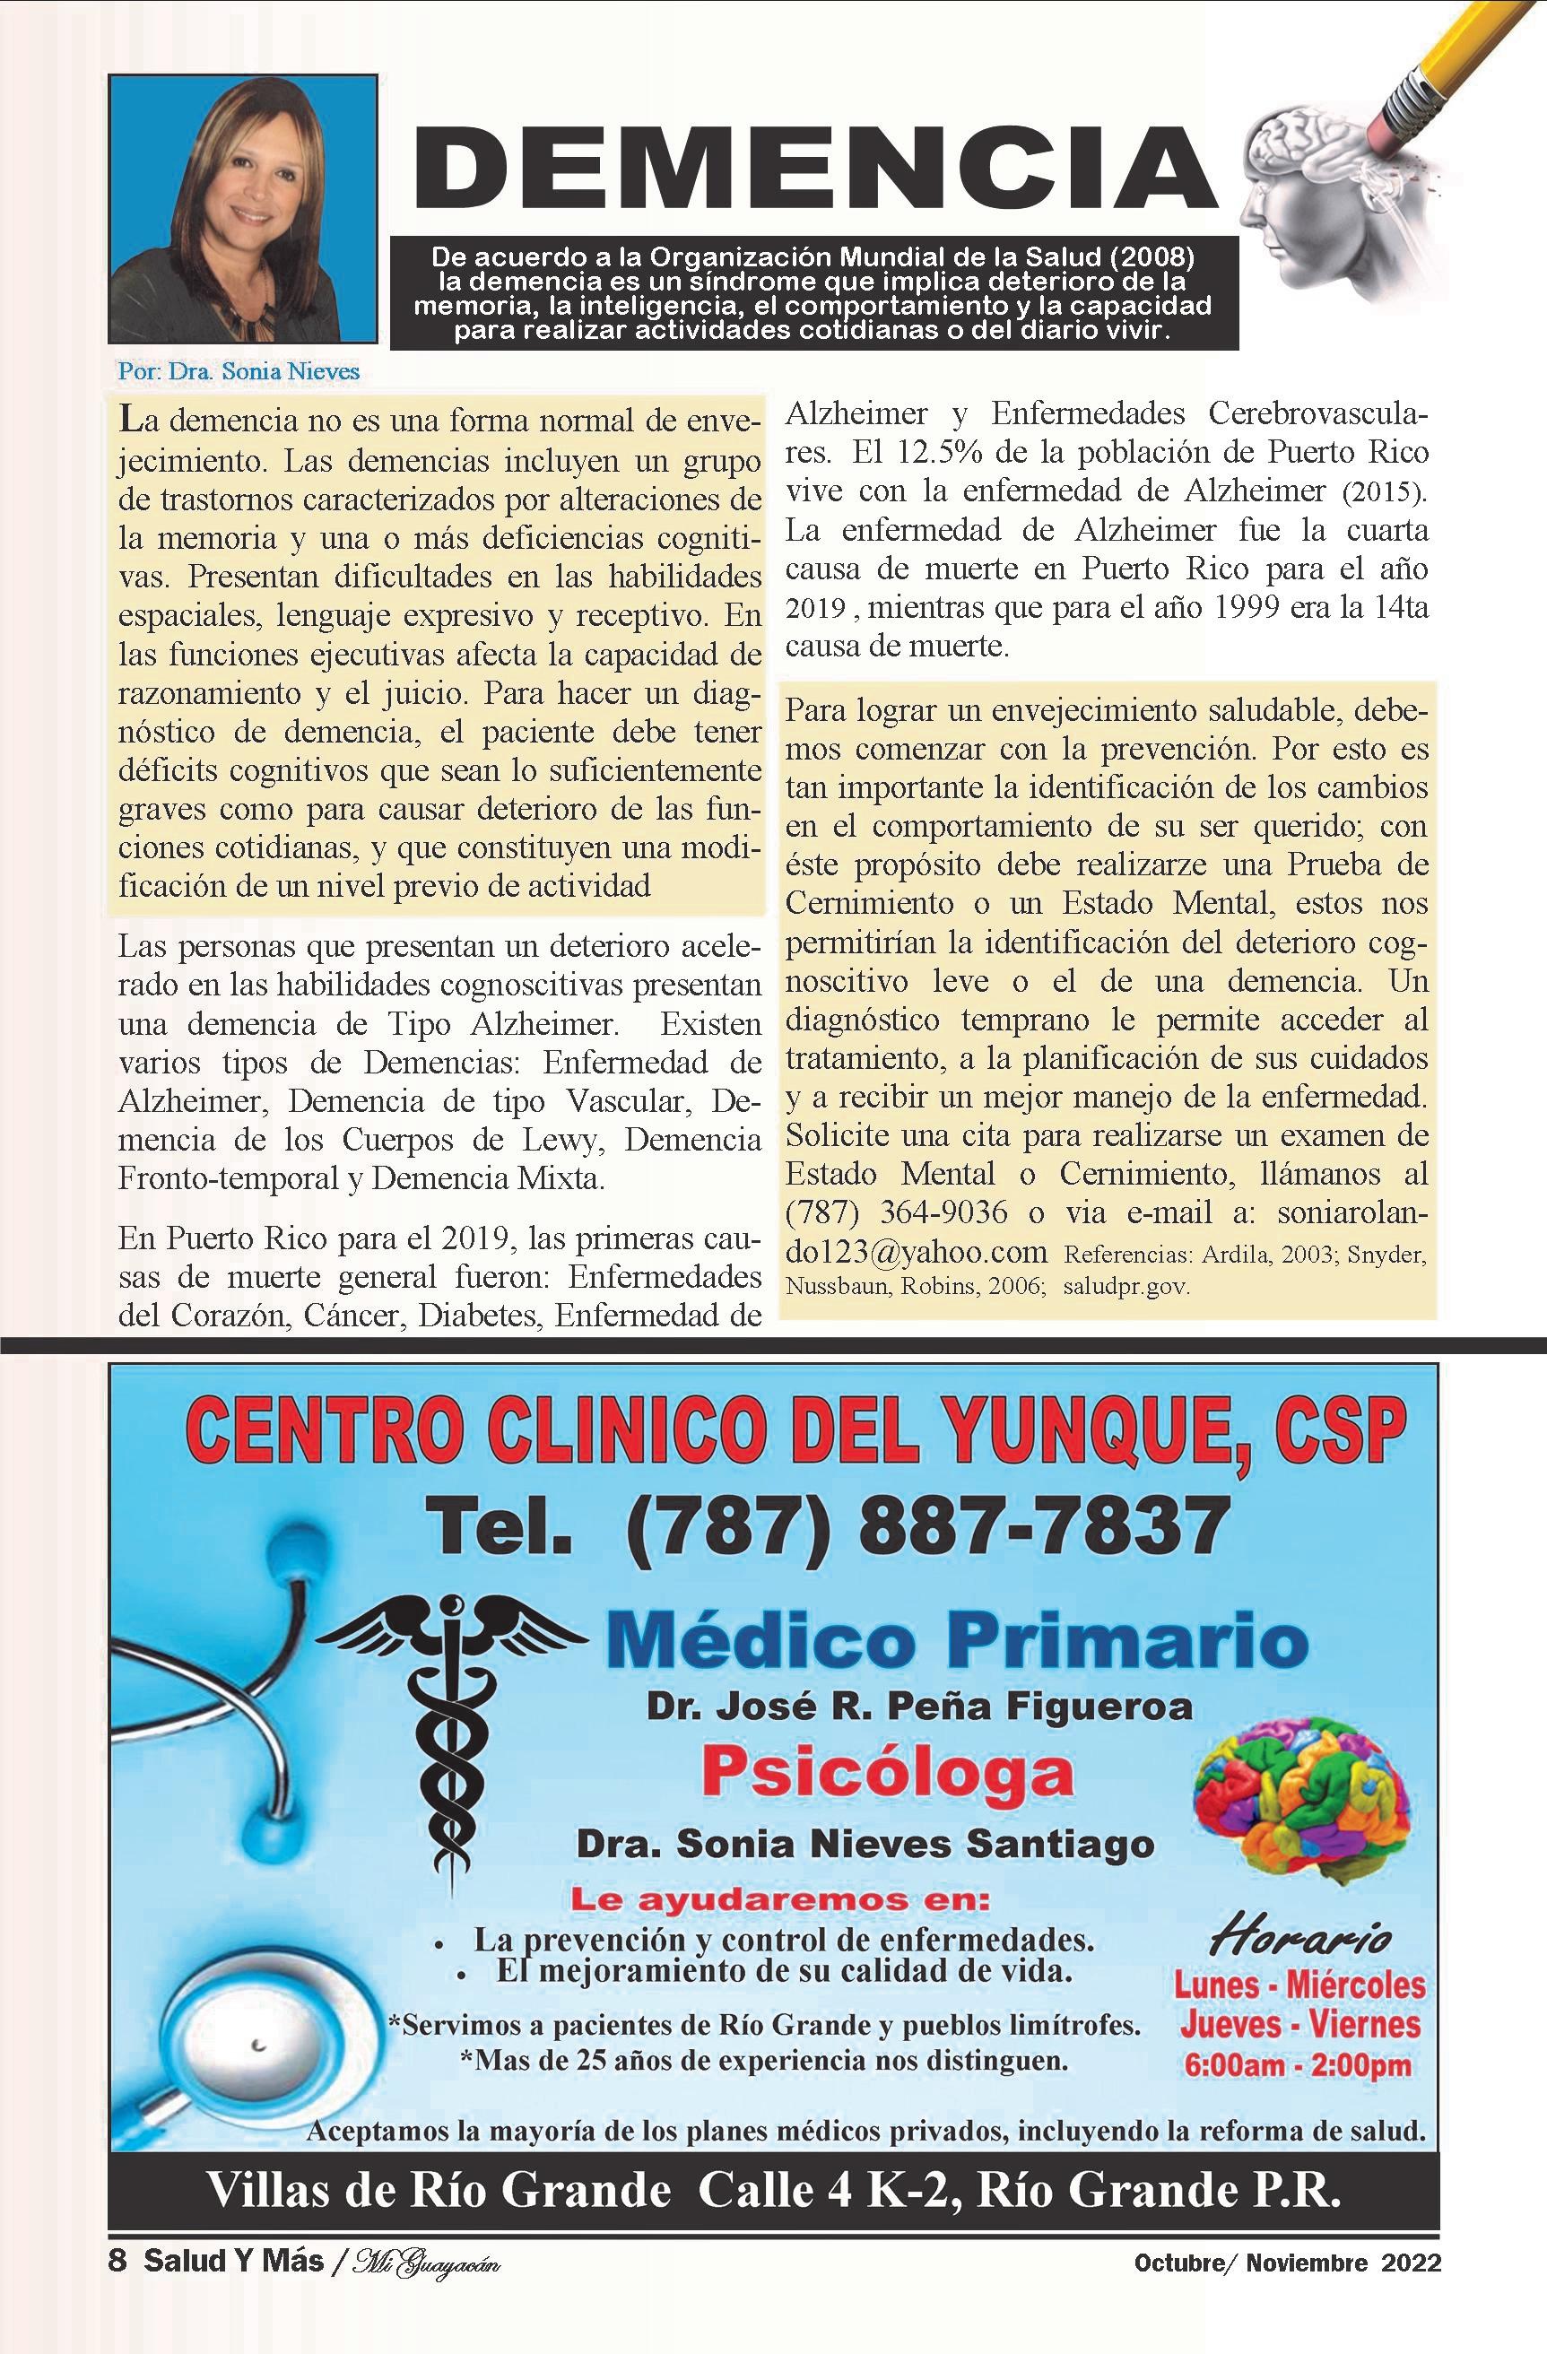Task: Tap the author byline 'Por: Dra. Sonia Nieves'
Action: [238, 372]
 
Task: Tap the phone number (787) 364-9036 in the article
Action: [897, 1212]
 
